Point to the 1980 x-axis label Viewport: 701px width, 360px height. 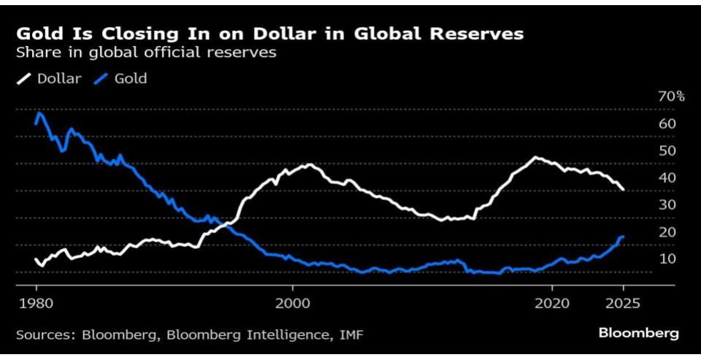tap(36, 302)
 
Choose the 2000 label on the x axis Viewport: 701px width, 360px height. tap(294, 302)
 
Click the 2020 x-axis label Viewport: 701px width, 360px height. tap(553, 302)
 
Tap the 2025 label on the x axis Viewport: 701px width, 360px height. tap(623, 302)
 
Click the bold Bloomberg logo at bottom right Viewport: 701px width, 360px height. tap(638, 334)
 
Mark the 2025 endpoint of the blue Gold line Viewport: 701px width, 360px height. tap(623, 237)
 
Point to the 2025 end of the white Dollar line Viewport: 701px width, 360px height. tap(623, 190)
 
